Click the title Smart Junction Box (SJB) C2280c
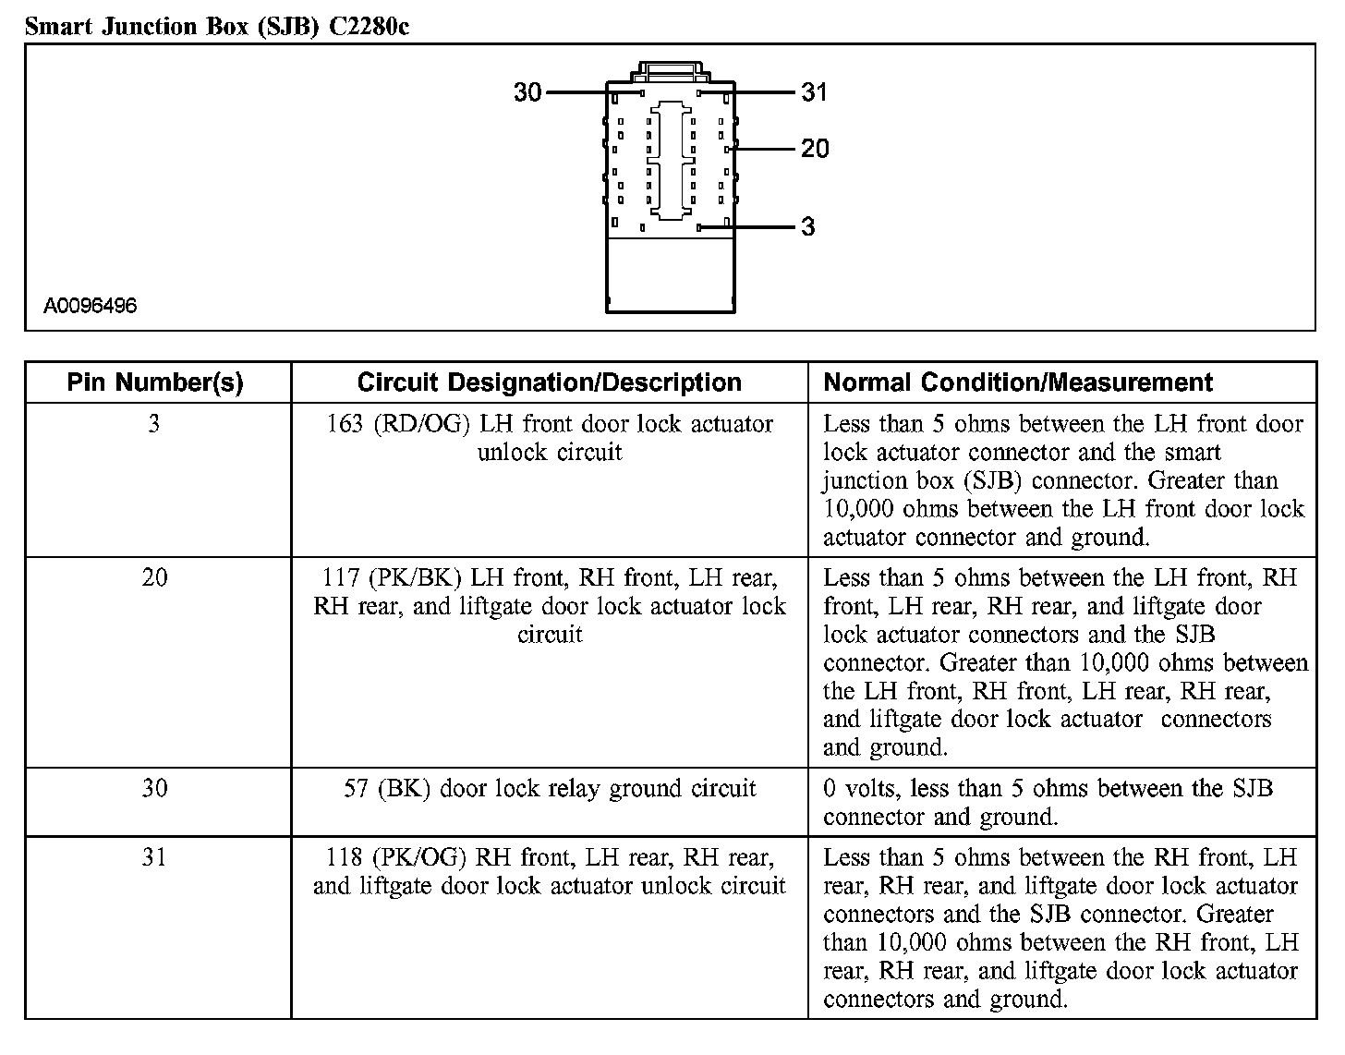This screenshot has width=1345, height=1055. (x=217, y=26)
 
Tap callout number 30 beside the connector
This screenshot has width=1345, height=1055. (x=527, y=92)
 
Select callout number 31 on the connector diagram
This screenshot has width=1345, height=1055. (x=814, y=92)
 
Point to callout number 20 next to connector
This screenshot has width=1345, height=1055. (x=815, y=149)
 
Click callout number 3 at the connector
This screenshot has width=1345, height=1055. (x=808, y=227)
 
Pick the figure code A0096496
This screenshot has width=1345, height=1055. (x=91, y=306)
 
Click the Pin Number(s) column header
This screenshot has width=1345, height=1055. (x=155, y=382)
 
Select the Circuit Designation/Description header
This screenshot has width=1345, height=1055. (x=549, y=382)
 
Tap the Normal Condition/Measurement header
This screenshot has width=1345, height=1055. (x=1018, y=382)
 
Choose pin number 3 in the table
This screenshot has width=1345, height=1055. (x=154, y=424)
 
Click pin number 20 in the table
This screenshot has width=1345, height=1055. (x=154, y=578)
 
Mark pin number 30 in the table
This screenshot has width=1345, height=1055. (x=154, y=789)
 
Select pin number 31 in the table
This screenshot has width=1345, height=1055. (x=154, y=858)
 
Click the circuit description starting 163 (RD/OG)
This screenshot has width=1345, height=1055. (x=550, y=438)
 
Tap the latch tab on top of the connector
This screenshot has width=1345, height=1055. (x=671, y=69)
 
